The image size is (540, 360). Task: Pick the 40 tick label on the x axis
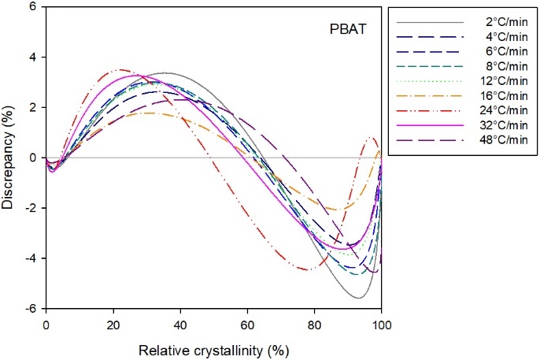coord(179,323)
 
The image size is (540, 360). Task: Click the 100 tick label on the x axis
coord(382,323)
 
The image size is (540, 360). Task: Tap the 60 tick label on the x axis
coord(247,323)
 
